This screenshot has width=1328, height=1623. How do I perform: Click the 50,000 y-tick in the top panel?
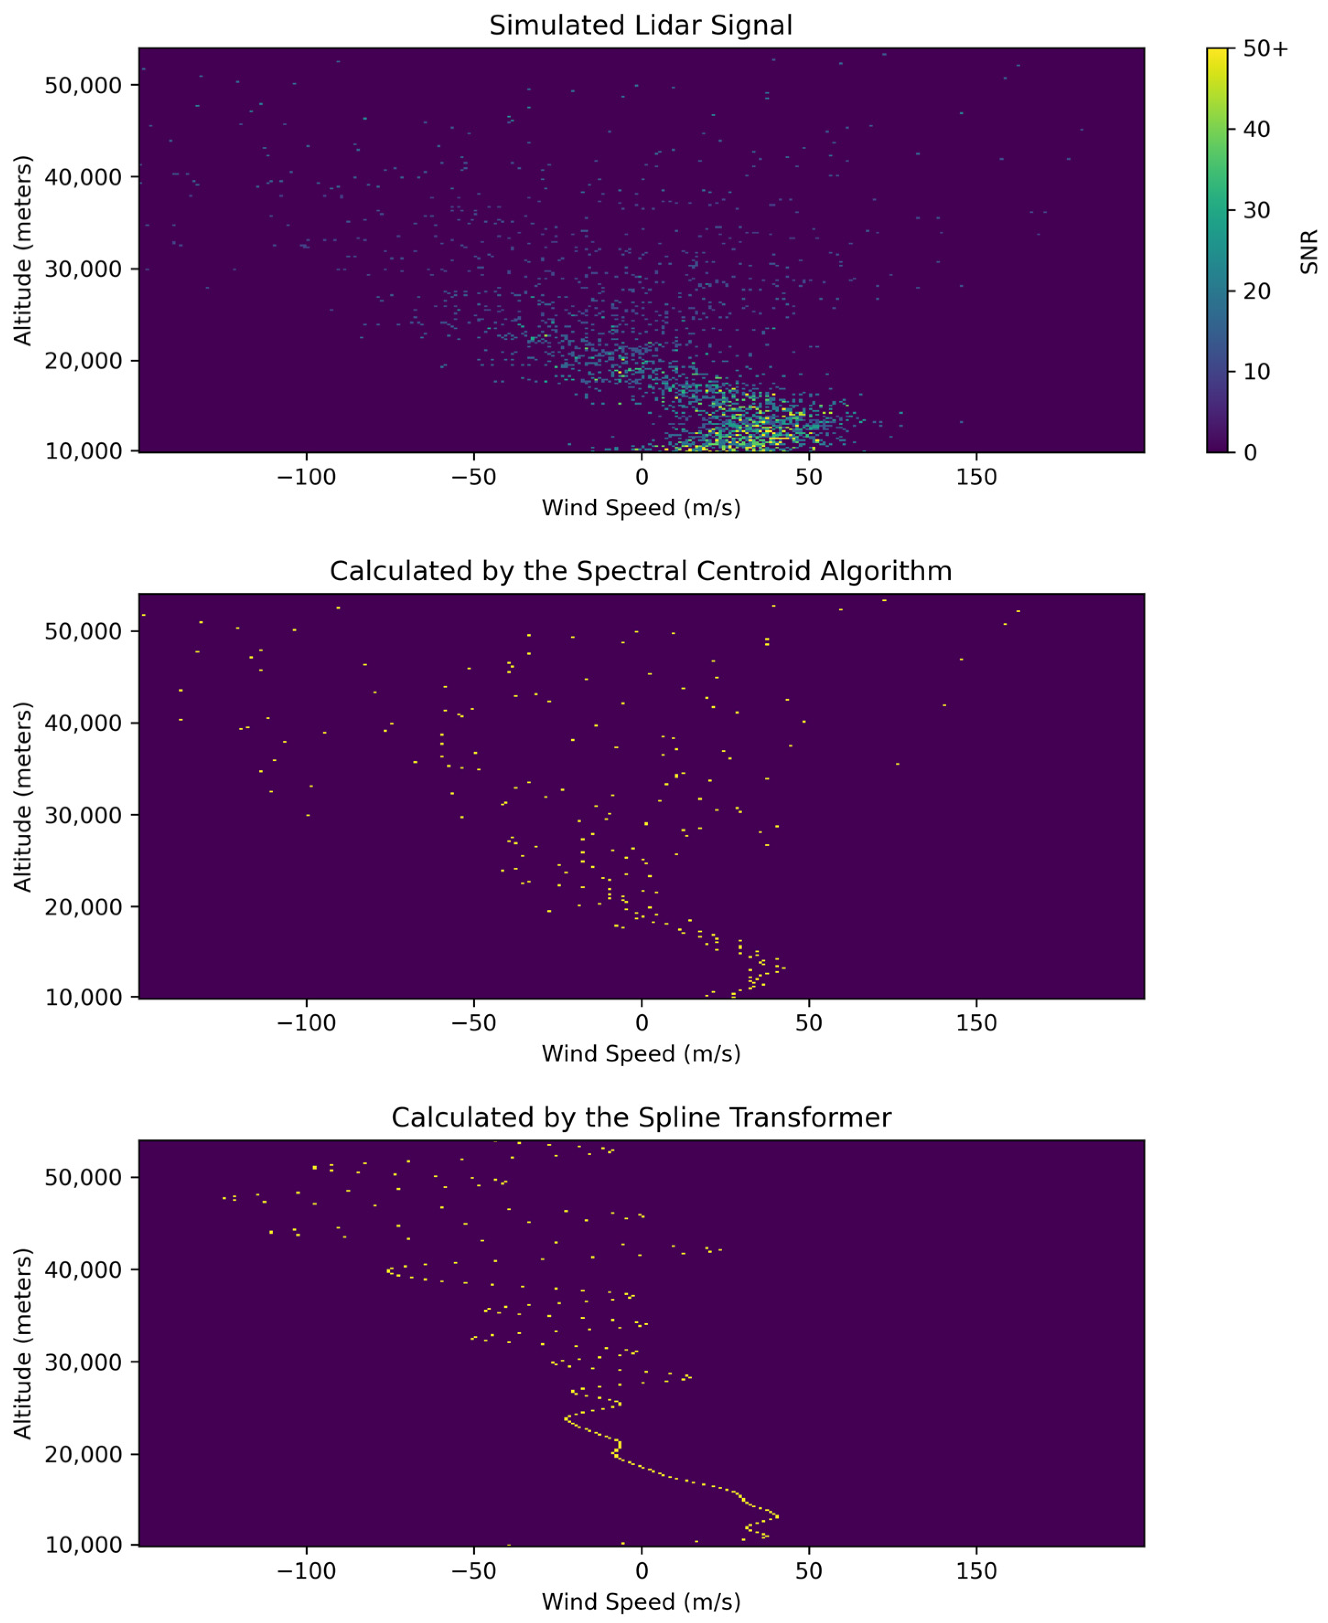coord(83,85)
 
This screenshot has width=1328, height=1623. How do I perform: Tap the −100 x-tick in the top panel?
coord(306,477)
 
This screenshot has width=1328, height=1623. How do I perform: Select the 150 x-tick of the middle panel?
coord(976,1023)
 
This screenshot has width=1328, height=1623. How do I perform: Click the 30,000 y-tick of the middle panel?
coord(83,815)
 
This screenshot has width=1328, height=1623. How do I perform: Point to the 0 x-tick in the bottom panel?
coord(641,1570)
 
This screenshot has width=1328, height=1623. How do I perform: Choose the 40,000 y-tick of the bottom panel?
coord(83,1270)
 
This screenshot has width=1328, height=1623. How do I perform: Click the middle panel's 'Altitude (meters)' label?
coord(23,796)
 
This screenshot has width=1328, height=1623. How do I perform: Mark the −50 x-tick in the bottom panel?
coord(473,1570)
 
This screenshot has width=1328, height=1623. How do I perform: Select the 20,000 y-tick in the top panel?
coord(83,360)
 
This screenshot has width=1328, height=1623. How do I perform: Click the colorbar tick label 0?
coord(1250,453)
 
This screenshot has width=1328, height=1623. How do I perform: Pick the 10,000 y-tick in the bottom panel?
coord(83,1544)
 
